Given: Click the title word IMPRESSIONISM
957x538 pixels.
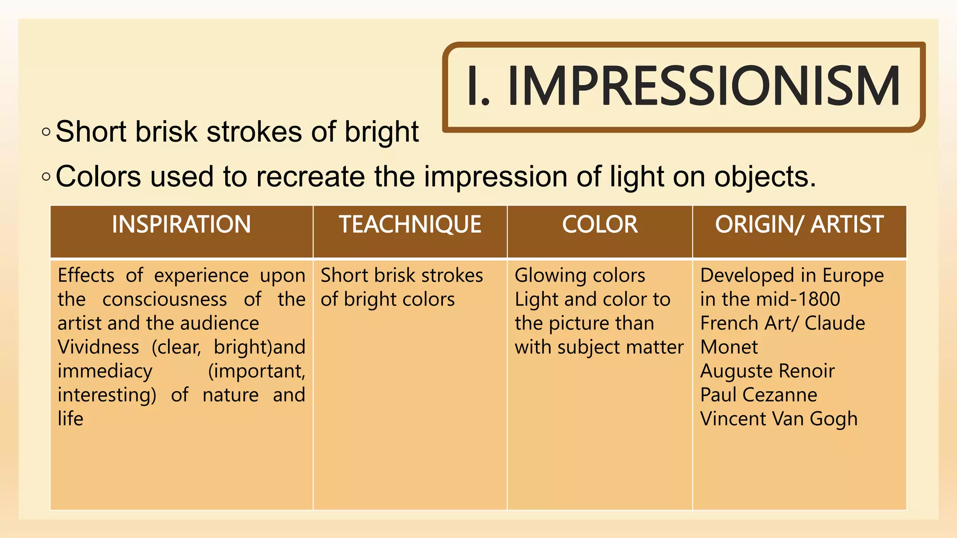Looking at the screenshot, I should [703, 86].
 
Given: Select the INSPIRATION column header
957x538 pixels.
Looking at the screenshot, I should [181, 225].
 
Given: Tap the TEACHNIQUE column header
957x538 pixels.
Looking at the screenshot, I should [410, 225].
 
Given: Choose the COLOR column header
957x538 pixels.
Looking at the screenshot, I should [600, 225].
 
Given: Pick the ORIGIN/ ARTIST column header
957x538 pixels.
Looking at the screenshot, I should [799, 225].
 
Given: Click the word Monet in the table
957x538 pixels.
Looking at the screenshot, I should [728, 347].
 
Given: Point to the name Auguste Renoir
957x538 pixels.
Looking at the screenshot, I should [767, 371].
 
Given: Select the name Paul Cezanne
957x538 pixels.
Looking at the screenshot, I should [758, 395].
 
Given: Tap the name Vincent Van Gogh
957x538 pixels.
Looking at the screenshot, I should [778, 419].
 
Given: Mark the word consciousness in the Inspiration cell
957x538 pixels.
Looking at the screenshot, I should [164, 299].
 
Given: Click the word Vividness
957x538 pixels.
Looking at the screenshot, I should [98, 347].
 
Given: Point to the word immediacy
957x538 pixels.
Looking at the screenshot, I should [105, 371].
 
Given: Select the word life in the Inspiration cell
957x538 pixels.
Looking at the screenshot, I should [70, 419].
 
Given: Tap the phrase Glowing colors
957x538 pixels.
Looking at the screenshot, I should [579, 276].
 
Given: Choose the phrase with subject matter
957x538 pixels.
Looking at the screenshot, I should [599, 347].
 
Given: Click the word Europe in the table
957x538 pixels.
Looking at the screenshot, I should [853, 276].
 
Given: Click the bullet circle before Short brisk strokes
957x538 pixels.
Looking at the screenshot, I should [46, 132].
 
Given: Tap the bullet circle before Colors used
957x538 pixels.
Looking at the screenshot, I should [46, 177].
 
